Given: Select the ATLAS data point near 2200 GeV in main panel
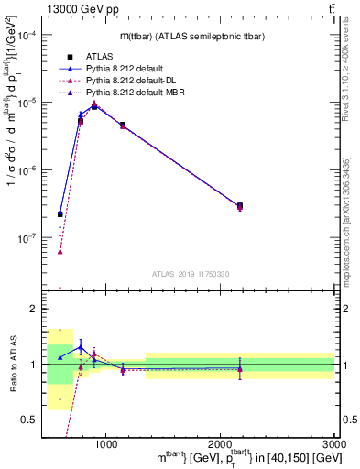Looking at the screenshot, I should tap(240, 206).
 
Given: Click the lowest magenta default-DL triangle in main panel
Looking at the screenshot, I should tap(60, 251).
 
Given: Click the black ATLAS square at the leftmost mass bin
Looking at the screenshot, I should tap(60, 214).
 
